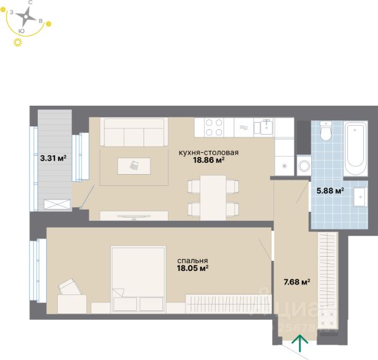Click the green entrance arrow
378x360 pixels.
tap(299, 343)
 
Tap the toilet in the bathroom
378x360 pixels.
tap(326, 131)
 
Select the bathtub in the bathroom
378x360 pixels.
tap(356, 149)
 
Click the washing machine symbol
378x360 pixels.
tap(304, 165)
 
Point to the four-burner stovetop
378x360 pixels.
tap(214, 127)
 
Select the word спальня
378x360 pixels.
tap(193, 261)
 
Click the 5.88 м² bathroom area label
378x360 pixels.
tap(330, 191)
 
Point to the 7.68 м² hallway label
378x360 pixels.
tap(296, 282)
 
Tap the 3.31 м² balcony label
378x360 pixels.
tap(53, 158)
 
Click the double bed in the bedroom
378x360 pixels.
tap(138, 279)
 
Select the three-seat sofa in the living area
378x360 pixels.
tap(134, 132)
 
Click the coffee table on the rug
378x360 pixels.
tap(134, 166)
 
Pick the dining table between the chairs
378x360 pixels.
tap(213, 198)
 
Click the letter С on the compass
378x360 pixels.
tap(30, 2)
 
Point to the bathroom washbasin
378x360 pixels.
tap(361, 197)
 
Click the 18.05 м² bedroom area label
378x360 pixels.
tap(193, 268)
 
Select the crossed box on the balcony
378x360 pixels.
tap(57, 205)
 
